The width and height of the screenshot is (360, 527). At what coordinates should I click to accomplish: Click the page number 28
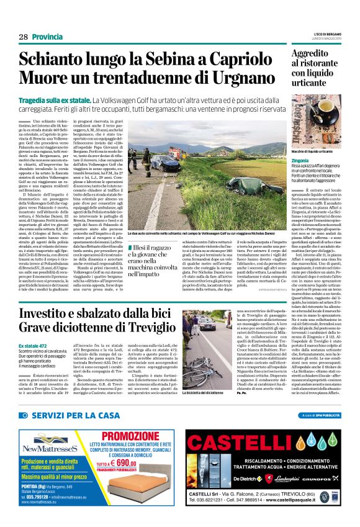click(23, 37)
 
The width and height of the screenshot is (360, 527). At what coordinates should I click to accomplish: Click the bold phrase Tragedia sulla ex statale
click(55, 100)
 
